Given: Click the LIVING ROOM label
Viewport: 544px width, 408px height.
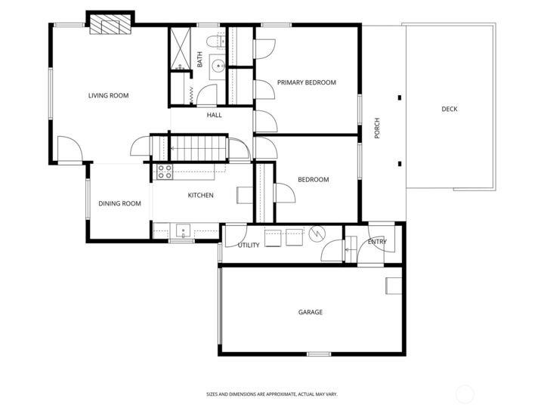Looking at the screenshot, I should [x=108, y=96].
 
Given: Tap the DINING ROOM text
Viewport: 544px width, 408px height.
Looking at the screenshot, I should [x=120, y=203].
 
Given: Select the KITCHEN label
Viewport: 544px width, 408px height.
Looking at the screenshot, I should [x=200, y=196].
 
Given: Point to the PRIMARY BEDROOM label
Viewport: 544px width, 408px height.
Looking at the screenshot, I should [x=306, y=82].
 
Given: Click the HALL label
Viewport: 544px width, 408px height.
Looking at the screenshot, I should [x=215, y=116].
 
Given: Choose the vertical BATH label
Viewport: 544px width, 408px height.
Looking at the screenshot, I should [x=199, y=59].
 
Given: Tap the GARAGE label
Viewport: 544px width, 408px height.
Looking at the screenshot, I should [x=310, y=312].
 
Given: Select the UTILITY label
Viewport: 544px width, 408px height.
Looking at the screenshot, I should [x=249, y=246].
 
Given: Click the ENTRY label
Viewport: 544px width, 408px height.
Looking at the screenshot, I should [x=377, y=242].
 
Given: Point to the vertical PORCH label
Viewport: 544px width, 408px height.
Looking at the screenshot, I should [x=377, y=128].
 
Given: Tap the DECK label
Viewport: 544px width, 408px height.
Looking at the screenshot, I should [x=449, y=110].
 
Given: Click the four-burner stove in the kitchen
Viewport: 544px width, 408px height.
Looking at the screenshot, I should [x=165, y=172].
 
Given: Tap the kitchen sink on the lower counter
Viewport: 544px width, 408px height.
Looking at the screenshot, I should [x=183, y=230].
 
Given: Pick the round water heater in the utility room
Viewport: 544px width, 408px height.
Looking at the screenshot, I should [x=317, y=236].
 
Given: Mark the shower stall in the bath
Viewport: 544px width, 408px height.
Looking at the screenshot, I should [x=180, y=50].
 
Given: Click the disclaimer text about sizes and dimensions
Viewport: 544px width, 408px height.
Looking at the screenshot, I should [x=271, y=394].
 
